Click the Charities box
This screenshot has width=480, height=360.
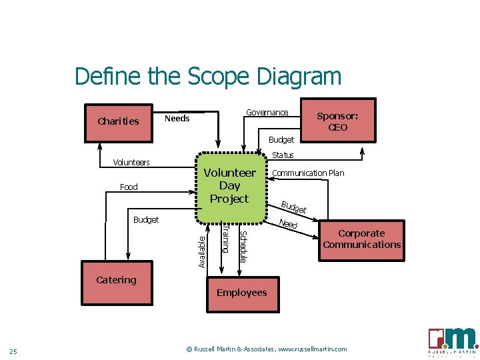coord(119,121)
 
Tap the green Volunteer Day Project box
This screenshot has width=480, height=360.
coord(229,186)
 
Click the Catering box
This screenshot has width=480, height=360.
coord(117,280)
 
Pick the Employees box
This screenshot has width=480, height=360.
coord(241,293)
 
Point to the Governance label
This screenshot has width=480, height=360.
coord(267,113)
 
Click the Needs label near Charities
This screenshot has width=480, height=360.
coord(177,119)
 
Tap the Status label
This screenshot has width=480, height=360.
coord(283,155)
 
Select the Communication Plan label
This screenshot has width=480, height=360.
coord(309,173)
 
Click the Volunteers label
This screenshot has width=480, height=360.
coord(131,163)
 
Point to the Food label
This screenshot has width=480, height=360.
coord(129,187)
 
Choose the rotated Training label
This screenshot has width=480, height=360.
coord(225,239)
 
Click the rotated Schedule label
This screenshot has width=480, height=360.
coord(243,246)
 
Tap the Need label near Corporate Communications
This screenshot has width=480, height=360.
coord(288,224)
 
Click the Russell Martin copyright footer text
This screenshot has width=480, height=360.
coord(266,349)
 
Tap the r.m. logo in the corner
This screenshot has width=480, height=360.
coord(453,341)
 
